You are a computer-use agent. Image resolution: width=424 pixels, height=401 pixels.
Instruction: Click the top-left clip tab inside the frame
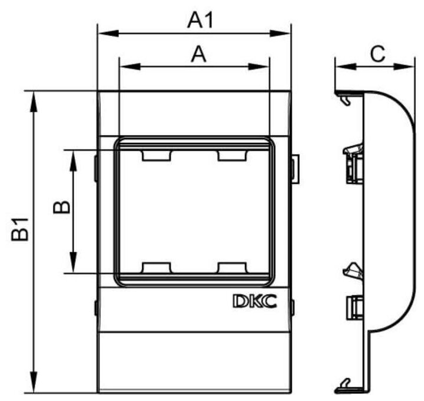click(156, 155)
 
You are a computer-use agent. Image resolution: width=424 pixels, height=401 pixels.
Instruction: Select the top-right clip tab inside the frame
click(231, 155)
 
